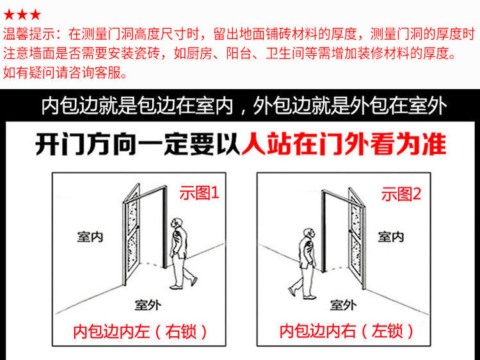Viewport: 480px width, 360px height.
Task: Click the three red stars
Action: (22, 13)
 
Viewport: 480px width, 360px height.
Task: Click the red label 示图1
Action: (199, 193)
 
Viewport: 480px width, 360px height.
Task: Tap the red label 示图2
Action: (401, 195)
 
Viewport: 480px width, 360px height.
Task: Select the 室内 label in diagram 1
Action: (90, 236)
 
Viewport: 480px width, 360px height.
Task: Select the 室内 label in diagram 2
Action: (390, 236)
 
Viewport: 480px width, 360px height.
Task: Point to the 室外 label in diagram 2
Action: (344, 305)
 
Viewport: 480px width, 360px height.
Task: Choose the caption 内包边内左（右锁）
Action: (141, 332)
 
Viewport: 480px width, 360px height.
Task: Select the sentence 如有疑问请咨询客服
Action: (65, 72)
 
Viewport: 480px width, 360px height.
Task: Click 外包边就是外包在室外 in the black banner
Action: (349, 105)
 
